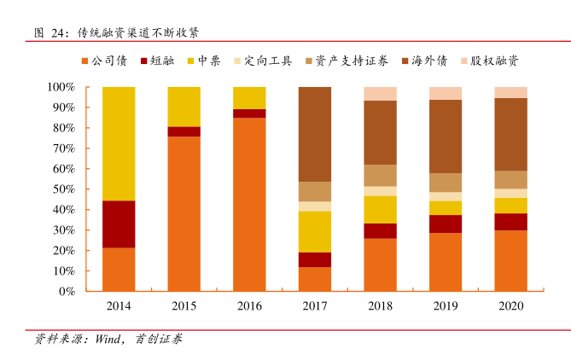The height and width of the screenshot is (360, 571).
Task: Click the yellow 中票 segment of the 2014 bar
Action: click(x=119, y=143)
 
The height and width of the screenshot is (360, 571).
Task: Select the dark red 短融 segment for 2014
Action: click(x=119, y=224)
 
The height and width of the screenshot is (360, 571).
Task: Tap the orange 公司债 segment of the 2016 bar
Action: click(x=249, y=204)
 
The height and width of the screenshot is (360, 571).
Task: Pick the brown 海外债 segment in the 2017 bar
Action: click(x=315, y=134)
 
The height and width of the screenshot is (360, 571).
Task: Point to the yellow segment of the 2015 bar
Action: click(x=184, y=106)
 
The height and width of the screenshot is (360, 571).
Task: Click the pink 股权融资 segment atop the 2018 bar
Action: click(x=380, y=94)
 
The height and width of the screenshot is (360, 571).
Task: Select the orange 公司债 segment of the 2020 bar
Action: click(x=510, y=260)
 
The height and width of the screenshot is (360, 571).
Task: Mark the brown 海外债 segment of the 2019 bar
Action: click(x=446, y=136)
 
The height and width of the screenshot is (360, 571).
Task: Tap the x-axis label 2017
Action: click(x=315, y=305)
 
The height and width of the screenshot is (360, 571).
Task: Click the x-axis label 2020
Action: click(x=510, y=305)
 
